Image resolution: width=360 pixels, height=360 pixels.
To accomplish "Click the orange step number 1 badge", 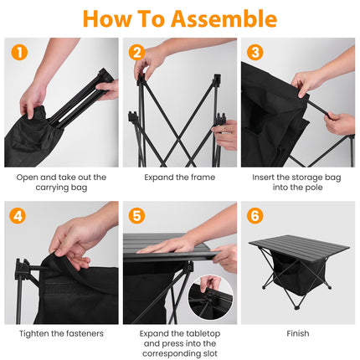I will point(19,52).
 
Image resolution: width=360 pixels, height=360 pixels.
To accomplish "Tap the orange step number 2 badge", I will point(137,52).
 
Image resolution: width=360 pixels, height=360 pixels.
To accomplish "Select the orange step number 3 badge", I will point(255,52).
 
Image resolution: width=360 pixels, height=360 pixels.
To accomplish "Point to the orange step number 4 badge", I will point(19,215).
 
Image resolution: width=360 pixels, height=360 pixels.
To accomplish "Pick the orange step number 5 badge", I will point(137,215).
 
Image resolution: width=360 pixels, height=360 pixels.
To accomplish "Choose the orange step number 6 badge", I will point(255,215).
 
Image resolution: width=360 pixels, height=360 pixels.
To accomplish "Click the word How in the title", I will point(108,18).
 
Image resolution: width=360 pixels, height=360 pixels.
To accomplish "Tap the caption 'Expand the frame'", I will point(180,177).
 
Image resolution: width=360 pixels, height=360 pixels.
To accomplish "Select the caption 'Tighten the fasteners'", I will point(61,333).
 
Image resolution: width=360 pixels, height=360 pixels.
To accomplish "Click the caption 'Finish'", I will point(297,333).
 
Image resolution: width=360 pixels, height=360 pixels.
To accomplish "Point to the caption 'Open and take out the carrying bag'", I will point(61,183).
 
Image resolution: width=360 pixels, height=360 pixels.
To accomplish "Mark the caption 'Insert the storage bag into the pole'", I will point(297,183).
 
